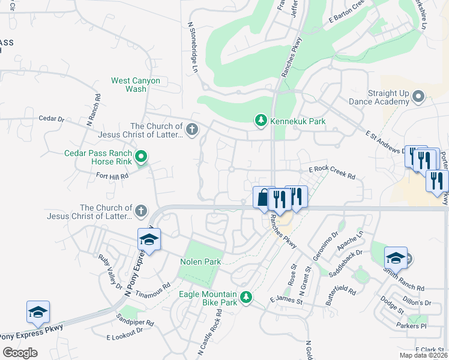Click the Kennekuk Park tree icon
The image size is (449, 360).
click(x=261, y=121)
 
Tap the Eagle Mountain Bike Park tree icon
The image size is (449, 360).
click(x=246, y=297)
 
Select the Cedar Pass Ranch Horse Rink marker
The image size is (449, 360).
click(x=141, y=158)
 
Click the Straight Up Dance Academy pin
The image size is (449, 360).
click(x=418, y=97)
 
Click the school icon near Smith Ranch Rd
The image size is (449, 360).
click(x=396, y=257)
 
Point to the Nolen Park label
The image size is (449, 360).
click(x=200, y=262)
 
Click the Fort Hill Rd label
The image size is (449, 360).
click(x=112, y=176)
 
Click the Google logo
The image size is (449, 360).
click(x=20, y=353)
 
